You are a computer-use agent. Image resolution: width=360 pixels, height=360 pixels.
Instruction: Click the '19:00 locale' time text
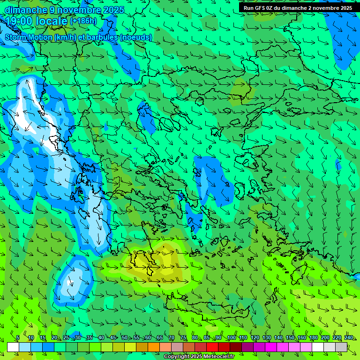click(37, 21)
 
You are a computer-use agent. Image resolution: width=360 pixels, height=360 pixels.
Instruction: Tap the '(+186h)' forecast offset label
click(83, 21)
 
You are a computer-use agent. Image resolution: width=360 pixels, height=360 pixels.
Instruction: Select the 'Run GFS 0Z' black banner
click(298, 8)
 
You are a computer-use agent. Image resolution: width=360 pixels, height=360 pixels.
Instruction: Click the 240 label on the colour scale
click(349, 338)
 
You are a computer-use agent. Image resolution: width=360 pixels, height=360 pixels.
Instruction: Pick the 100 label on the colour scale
click(232, 338)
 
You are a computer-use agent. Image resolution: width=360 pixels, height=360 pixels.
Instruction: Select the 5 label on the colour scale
click(18, 338)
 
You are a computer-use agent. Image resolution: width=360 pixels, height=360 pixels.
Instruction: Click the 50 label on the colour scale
click(125, 338)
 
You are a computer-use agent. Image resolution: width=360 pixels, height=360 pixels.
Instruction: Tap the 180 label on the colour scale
click(313, 338)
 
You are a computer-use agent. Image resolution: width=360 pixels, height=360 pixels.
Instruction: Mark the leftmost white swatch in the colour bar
click(13, 347)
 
